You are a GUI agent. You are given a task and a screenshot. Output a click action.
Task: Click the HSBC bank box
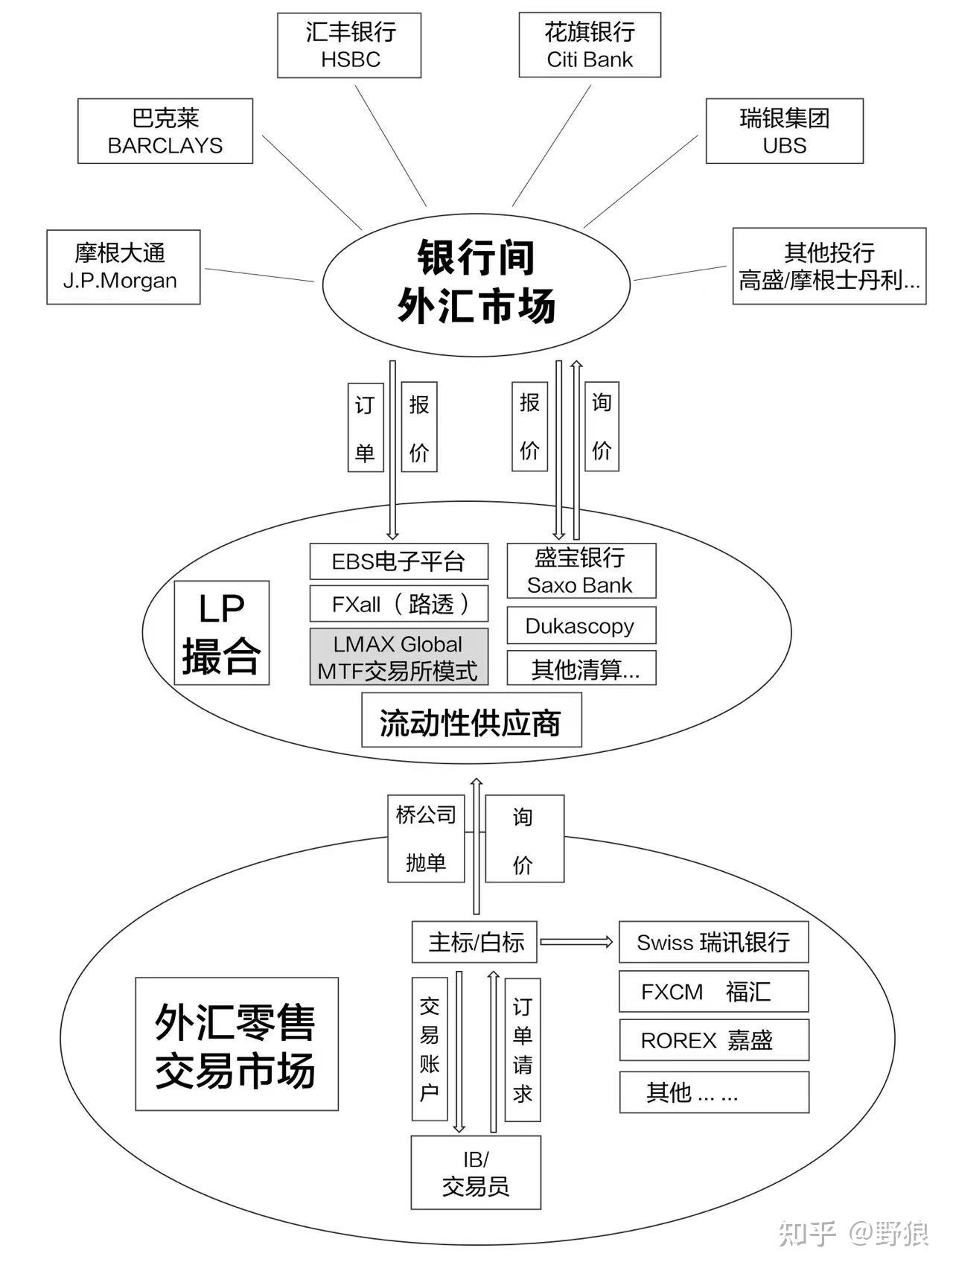coord(349,45)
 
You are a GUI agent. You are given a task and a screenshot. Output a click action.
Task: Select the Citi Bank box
coord(590,45)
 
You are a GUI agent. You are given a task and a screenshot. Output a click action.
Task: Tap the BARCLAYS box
coord(165,131)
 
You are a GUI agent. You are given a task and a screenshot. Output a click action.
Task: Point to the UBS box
coord(784,131)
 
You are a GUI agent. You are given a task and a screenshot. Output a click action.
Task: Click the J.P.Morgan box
coord(124,267)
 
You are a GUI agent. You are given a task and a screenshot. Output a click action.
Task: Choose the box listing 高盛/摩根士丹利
coord(829,267)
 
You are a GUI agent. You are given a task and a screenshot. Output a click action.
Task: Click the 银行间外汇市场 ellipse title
coord(476,281)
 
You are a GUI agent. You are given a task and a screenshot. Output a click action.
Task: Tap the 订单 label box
coord(365,427)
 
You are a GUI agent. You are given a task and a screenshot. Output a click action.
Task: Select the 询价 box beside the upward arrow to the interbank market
coord(602,426)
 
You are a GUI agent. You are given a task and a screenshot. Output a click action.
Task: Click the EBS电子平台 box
coord(399,561)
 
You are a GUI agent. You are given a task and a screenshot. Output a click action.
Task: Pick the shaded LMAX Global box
coord(399,657)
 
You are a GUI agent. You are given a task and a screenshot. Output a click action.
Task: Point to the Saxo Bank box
coord(581,571)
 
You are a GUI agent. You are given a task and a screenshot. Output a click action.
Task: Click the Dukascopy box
coord(581,626)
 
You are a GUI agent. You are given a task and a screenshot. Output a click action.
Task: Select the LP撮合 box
coord(221,633)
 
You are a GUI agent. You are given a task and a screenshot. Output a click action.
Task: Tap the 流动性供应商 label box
coord(471,721)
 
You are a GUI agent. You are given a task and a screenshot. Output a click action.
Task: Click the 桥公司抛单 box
coord(426,839)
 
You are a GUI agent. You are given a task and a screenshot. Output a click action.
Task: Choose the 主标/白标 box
coord(476,943)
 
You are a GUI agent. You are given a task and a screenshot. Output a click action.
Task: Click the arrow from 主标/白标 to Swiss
coord(576,943)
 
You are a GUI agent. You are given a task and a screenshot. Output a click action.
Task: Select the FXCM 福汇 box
coord(713,992)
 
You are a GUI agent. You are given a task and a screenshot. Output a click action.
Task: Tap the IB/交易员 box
coord(476,1173)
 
